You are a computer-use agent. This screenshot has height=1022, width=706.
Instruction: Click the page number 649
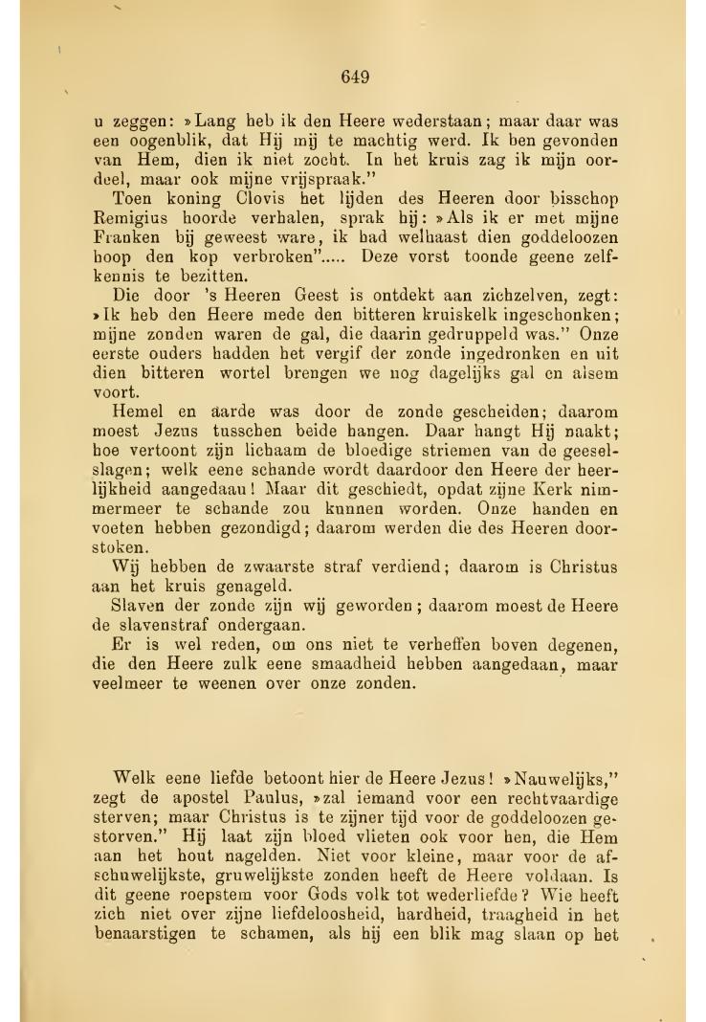[354, 77]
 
